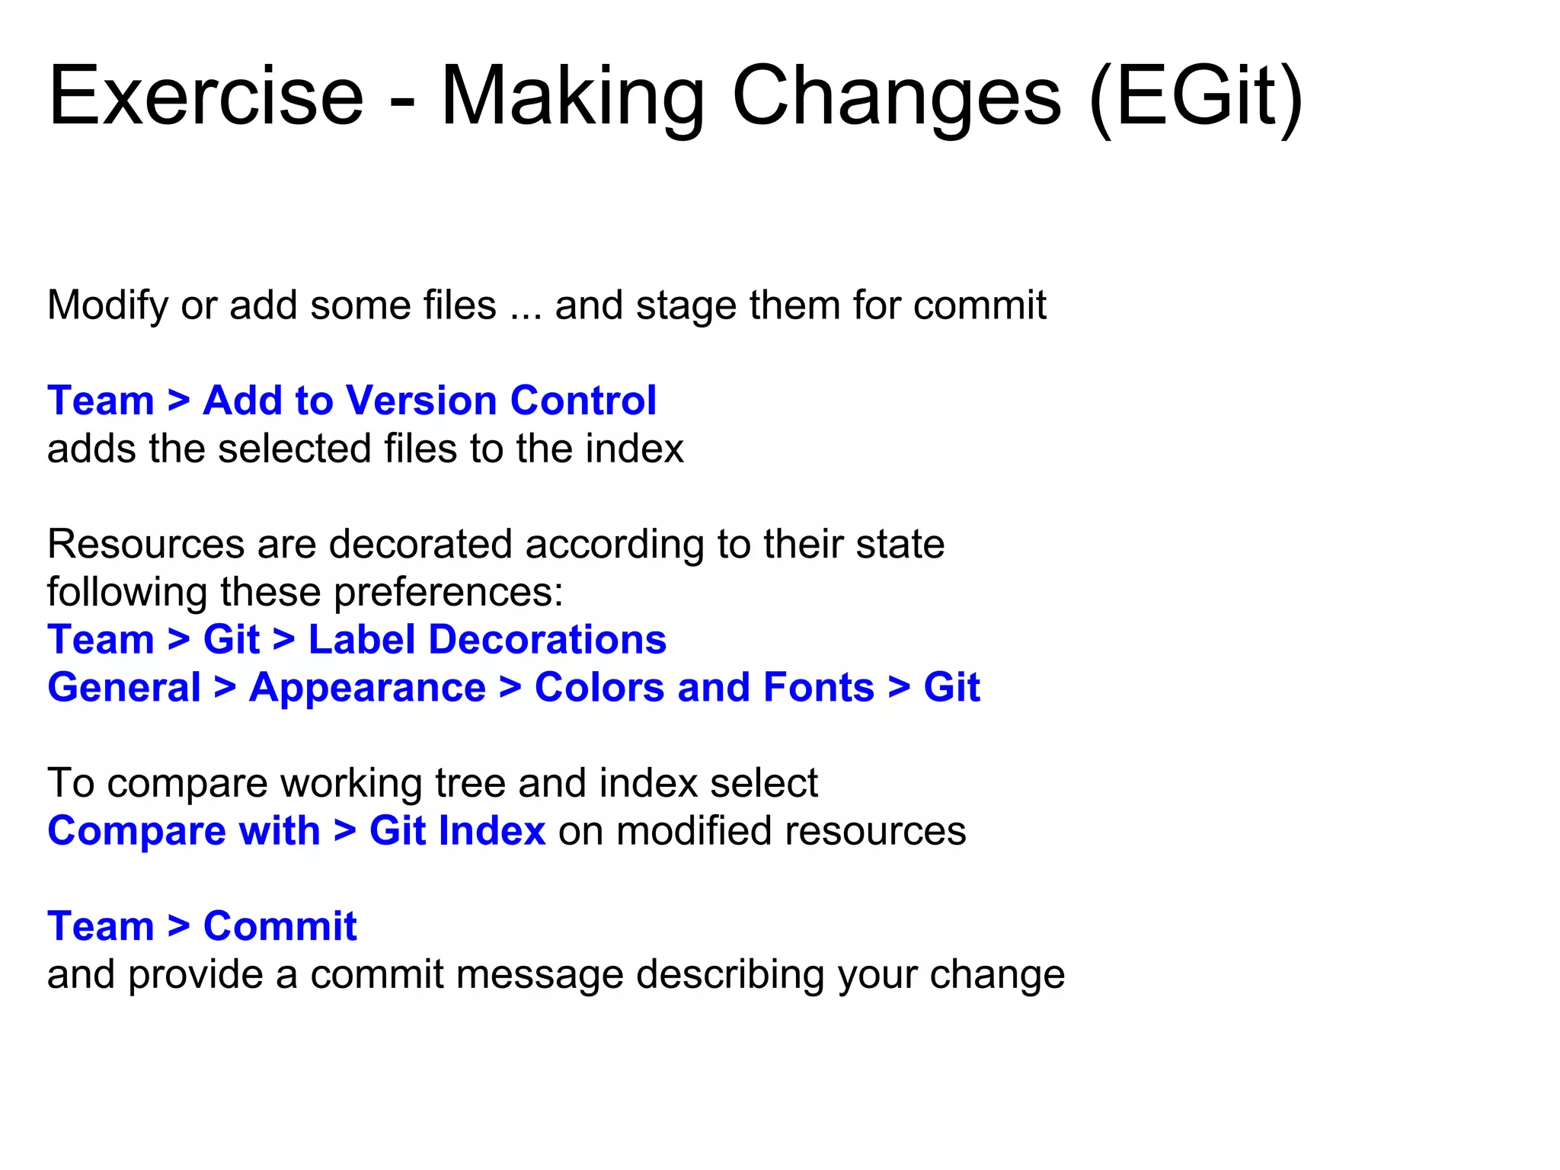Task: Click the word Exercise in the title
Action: point(206,97)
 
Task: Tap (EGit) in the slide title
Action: point(1196,97)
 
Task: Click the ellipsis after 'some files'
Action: point(525,306)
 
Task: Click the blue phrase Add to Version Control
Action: point(429,401)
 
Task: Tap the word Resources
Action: point(145,545)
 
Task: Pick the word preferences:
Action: point(448,593)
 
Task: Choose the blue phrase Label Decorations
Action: point(487,640)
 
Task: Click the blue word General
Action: point(124,688)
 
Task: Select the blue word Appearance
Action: point(367,688)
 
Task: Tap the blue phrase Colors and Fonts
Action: point(704,688)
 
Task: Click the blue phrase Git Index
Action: point(457,831)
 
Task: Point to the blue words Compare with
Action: point(184,831)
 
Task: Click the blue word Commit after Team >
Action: point(280,927)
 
